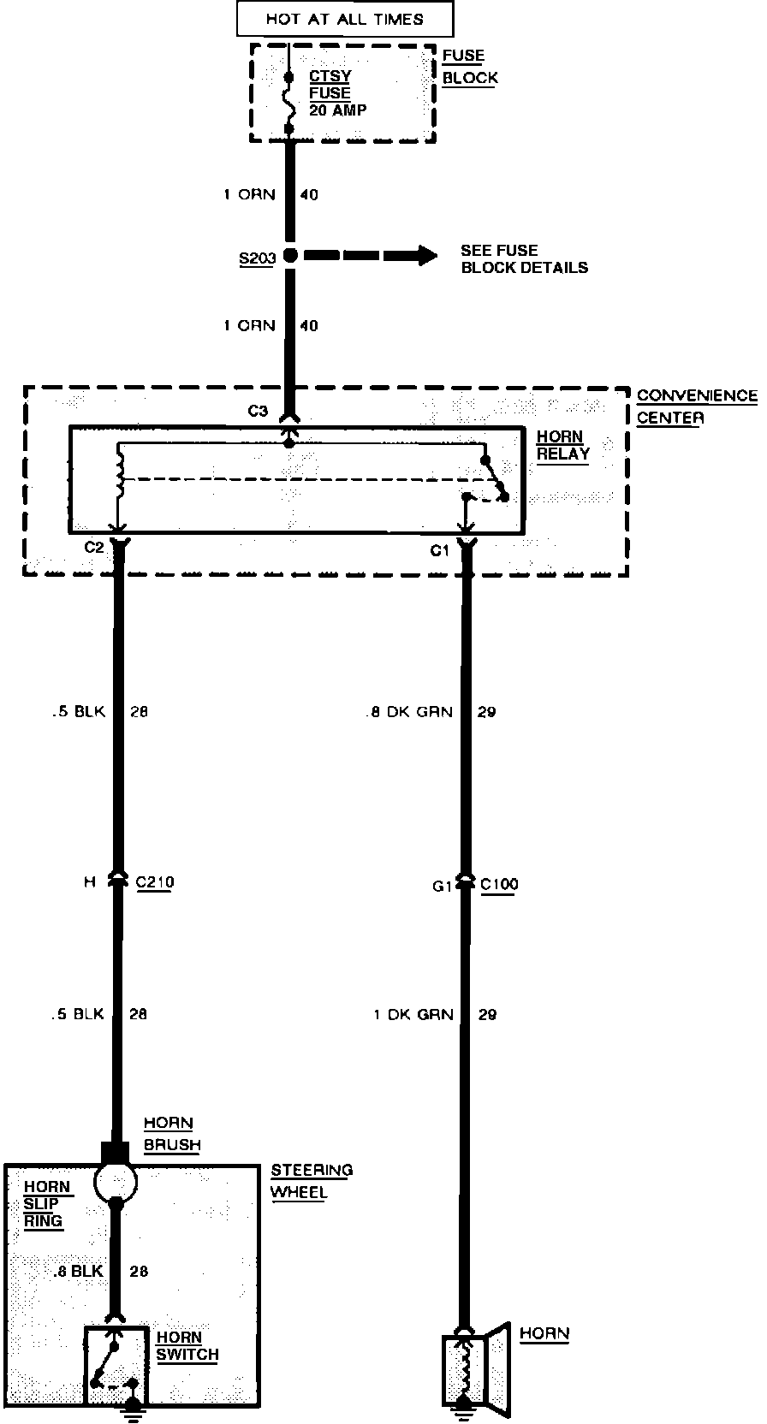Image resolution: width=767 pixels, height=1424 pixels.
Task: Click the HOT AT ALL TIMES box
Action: pyautogui.click(x=344, y=19)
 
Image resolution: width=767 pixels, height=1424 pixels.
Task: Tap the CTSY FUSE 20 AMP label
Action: pyautogui.click(x=336, y=93)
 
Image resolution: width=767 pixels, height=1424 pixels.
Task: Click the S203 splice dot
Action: pyautogui.click(x=289, y=255)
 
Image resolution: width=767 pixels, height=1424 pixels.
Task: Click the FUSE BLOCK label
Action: pyautogui.click(x=470, y=67)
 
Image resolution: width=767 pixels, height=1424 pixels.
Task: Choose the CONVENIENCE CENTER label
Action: pyautogui.click(x=697, y=406)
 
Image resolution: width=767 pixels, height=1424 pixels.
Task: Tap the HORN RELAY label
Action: pyautogui.click(x=562, y=445)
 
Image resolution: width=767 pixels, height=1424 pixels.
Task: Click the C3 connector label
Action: pyautogui.click(x=258, y=411)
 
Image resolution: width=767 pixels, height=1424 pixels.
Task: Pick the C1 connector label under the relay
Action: pyautogui.click(x=439, y=551)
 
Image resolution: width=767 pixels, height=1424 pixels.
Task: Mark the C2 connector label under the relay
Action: pyautogui.click(x=94, y=548)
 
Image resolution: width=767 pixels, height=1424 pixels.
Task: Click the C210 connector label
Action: pyautogui.click(x=154, y=882)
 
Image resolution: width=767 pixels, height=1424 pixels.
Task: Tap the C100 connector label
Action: pyautogui.click(x=499, y=884)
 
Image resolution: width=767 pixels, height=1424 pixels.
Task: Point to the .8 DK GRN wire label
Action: pyautogui.click(x=408, y=712)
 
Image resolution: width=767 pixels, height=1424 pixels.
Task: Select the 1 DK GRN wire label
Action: pyautogui.click(x=413, y=1015)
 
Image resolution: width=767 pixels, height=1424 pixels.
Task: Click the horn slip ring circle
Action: pyautogui.click(x=115, y=1183)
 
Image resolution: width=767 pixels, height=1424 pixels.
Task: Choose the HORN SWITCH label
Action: pyautogui.click(x=187, y=1345)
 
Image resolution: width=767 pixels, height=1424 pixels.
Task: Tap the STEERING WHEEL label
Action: pyautogui.click(x=311, y=1181)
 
